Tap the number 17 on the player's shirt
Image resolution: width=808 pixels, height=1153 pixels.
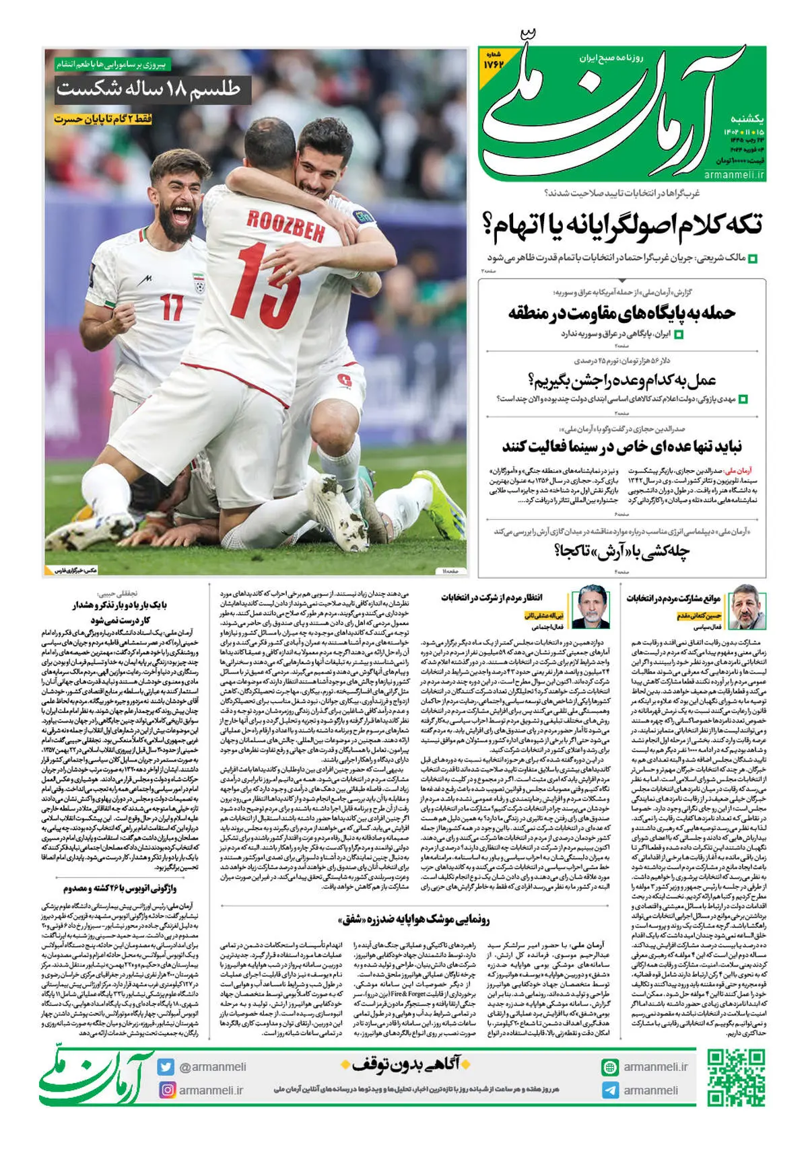172,307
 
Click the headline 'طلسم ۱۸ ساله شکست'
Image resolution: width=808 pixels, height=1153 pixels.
148,89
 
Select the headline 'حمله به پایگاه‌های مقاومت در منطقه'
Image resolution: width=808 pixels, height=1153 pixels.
621,313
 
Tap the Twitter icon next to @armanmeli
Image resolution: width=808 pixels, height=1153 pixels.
166,1067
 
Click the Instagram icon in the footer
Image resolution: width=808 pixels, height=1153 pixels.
166,1090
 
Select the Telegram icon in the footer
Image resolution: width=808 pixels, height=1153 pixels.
609,1090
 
